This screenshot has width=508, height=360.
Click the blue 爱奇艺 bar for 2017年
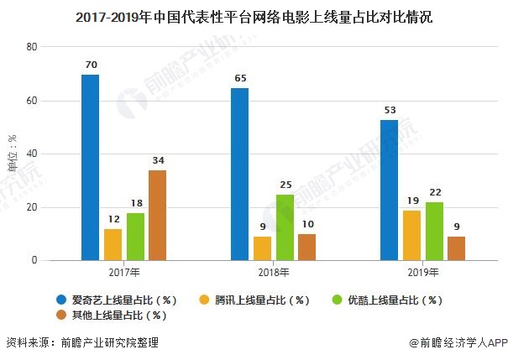click(x=90, y=168)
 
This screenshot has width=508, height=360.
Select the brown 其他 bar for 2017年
click(x=157, y=216)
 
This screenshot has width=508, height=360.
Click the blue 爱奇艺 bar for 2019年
click(x=389, y=190)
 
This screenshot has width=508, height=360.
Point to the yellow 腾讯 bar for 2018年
click(x=262, y=248)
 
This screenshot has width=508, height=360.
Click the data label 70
click(x=90, y=65)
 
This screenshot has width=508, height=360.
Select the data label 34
click(x=157, y=160)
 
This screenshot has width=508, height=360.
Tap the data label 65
click(x=239, y=78)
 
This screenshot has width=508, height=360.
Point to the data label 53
click(x=389, y=110)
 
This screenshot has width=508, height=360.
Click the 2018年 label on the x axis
click(x=273, y=273)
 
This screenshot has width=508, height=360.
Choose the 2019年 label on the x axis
click(x=422, y=273)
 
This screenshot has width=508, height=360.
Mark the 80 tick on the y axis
click(x=32, y=48)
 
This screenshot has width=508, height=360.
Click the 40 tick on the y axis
click(x=32, y=154)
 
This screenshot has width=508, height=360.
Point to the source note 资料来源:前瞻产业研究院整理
click(x=82, y=342)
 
